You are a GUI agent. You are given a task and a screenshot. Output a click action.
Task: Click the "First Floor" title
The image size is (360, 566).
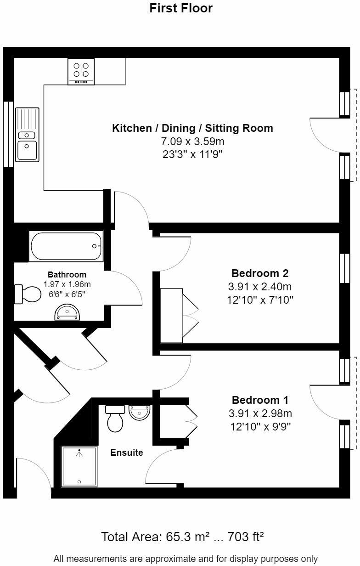coord(181,8)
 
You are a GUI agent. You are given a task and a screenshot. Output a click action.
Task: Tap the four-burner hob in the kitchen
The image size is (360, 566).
coord(81,72)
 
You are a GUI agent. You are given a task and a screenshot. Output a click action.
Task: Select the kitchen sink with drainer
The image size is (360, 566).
coord(27,135)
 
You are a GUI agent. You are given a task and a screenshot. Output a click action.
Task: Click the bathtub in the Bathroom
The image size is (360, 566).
coord(66,246)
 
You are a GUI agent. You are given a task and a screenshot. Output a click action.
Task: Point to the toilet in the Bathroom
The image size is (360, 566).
coord(28,294)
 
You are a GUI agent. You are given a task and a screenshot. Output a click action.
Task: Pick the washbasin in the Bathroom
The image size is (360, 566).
coord(67,312)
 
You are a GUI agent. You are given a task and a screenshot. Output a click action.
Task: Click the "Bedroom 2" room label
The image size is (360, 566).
coord(260,273)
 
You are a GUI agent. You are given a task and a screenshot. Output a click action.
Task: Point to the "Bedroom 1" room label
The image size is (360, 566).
coord(260,400)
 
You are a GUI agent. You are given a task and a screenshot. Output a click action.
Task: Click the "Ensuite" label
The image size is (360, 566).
coord(127,452)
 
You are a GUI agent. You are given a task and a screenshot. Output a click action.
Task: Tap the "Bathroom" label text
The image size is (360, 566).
coord(67,274)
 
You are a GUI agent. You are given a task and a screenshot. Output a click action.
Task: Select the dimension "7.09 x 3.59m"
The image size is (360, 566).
coord(192,141)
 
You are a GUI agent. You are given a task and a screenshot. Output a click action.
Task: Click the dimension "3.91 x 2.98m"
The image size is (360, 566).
coord(260,413)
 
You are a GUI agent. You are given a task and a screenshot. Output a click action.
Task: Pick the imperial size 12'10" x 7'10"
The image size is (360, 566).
coord(260,300)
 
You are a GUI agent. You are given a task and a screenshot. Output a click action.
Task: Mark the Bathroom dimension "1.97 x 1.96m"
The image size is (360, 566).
coord(67,284)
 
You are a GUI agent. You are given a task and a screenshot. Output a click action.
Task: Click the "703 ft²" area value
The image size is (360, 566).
coord(246,537)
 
